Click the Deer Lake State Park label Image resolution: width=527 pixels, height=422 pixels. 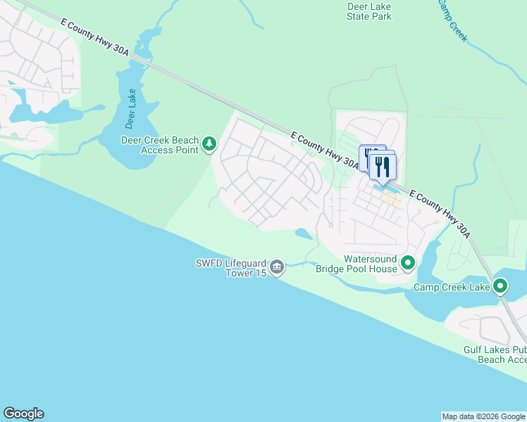pos(369,11)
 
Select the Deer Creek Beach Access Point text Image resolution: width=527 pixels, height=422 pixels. pos(159,144)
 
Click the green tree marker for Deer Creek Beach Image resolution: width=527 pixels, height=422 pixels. pos(209,144)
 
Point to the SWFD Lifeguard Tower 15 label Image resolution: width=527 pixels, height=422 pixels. pos(230,269)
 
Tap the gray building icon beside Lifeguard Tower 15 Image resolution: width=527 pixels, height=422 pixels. pos(277,267)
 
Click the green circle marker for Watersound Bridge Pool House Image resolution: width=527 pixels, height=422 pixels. pos(408,264)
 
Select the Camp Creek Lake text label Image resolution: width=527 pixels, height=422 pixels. pos(451,287)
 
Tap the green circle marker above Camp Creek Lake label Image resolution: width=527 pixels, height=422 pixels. pos(500,286)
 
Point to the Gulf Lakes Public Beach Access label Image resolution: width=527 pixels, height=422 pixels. pos(495,354)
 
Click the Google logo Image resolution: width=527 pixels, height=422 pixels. pos(23,414)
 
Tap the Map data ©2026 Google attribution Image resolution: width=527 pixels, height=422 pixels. pos(483,416)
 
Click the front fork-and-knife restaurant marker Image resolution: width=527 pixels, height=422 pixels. pos(383,167)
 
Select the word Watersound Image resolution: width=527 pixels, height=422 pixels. pos(371,259)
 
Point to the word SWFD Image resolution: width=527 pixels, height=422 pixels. pos(209,264)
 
